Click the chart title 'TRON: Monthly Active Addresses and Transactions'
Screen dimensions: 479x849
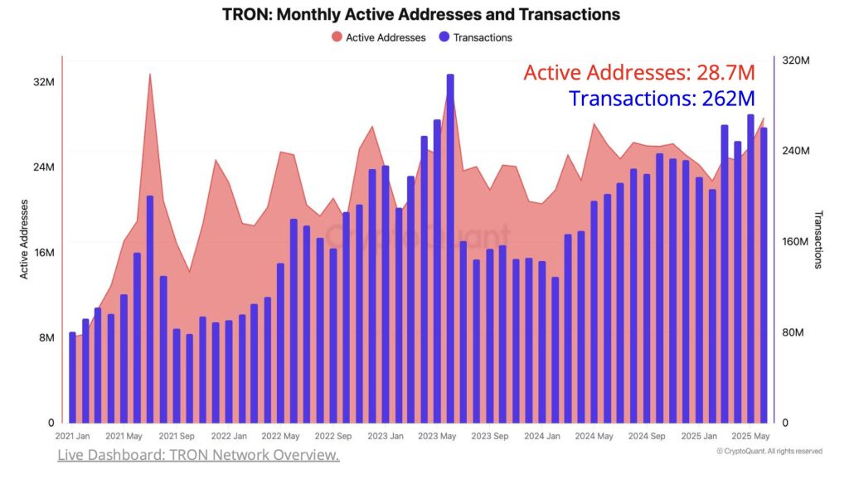pyautogui.click(x=421, y=15)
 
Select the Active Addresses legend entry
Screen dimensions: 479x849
pyautogui.click(x=379, y=37)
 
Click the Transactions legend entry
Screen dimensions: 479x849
pyautogui.click(x=475, y=37)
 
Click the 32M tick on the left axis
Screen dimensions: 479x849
pyautogui.click(x=44, y=83)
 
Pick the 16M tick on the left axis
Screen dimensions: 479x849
pyautogui.click(x=44, y=253)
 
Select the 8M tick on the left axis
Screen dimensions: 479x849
pyautogui.click(x=46, y=338)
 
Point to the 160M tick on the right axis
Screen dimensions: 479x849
pyautogui.click(x=797, y=242)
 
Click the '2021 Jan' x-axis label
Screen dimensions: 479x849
pyautogui.click(x=72, y=436)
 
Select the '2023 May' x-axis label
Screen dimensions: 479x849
pyautogui.click(x=438, y=436)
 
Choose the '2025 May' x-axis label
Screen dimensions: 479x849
pyautogui.click(x=751, y=436)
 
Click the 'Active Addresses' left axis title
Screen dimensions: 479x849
pyautogui.click(x=25, y=239)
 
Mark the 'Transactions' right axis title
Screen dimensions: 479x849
pyautogui.click(x=817, y=239)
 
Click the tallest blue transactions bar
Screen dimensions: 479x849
pyautogui.click(x=450, y=249)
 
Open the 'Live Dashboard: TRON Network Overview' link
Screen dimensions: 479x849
pyautogui.click(x=198, y=456)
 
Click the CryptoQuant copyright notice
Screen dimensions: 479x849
pyautogui.click(x=769, y=452)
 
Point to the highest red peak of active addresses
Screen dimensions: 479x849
pyautogui.click(x=150, y=75)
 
